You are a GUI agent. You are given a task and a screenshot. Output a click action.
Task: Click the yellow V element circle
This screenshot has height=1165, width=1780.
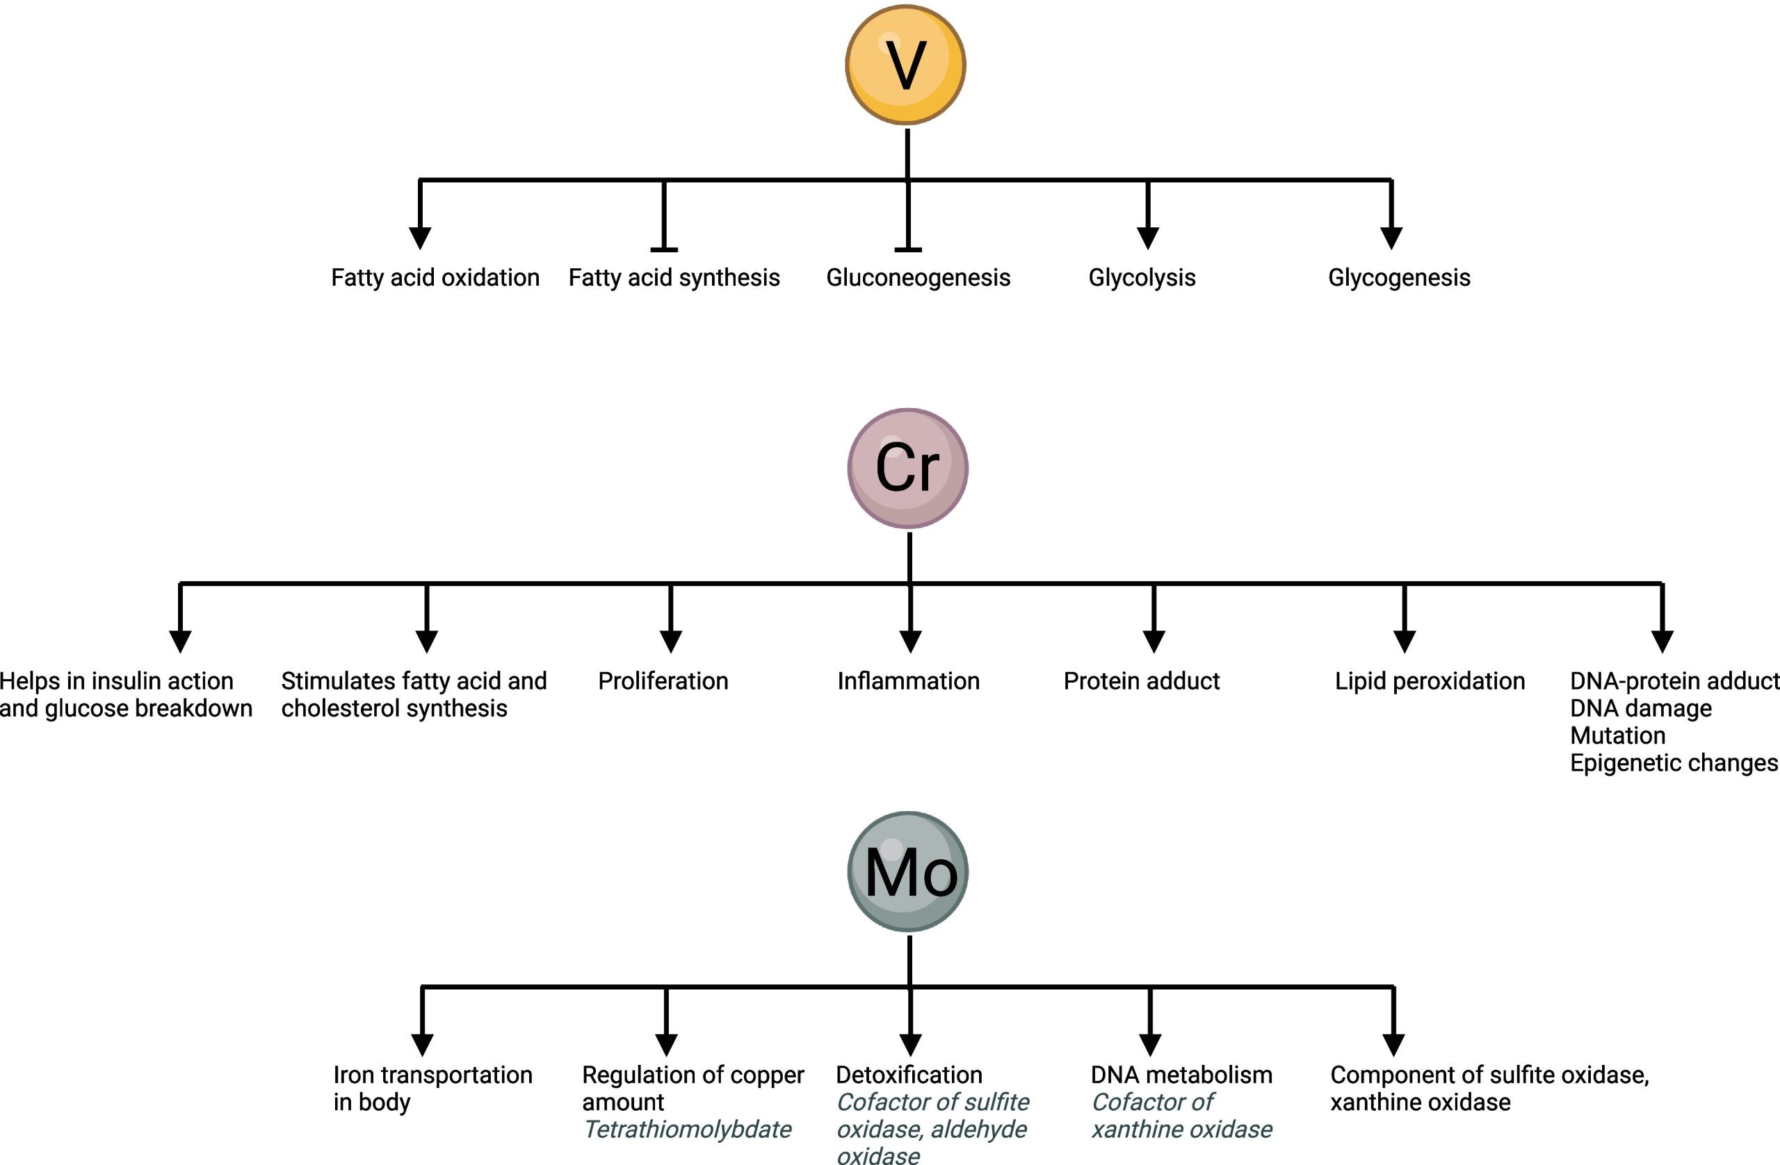905,65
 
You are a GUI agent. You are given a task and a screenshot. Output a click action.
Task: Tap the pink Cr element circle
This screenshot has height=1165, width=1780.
907,468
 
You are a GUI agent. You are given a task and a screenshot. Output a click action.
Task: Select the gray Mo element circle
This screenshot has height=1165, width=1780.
908,871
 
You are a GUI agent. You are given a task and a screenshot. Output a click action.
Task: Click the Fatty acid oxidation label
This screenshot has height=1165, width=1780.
435,277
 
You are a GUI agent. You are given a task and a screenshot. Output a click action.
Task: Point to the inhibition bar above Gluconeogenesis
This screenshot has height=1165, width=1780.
908,249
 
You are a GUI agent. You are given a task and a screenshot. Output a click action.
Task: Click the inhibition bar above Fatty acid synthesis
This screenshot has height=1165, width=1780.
664,249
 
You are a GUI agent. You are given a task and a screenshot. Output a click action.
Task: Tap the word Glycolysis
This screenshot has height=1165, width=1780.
1141,277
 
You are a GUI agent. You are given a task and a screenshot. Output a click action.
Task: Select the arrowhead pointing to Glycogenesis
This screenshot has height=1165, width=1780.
1391,238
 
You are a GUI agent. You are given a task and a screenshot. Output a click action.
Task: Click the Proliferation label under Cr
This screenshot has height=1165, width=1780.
663,681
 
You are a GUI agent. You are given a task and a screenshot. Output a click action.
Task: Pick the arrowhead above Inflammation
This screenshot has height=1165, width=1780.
909,642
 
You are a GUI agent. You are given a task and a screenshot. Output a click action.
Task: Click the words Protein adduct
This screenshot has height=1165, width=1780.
1141,681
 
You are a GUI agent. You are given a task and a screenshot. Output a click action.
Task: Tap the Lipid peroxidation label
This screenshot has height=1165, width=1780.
1430,681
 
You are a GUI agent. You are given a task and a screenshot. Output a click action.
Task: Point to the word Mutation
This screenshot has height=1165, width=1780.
1617,736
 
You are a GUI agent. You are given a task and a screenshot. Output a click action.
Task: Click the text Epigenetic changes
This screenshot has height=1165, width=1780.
1673,763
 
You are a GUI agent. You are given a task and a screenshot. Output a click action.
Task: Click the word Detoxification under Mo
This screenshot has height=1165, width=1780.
909,1075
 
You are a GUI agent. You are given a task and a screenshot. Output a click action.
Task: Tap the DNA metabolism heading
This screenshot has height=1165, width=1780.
1181,1075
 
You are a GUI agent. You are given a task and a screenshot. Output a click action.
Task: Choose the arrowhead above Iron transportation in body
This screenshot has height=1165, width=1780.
423,1045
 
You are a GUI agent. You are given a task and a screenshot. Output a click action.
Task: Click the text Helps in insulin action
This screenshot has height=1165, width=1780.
117,681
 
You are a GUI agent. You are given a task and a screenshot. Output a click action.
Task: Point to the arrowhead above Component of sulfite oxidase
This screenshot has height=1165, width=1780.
1393,1045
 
